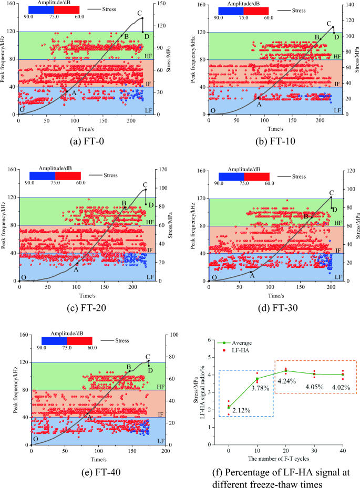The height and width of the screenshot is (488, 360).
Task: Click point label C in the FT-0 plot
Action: click(139, 13)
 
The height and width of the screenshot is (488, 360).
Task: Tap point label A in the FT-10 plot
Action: click(259, 105)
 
